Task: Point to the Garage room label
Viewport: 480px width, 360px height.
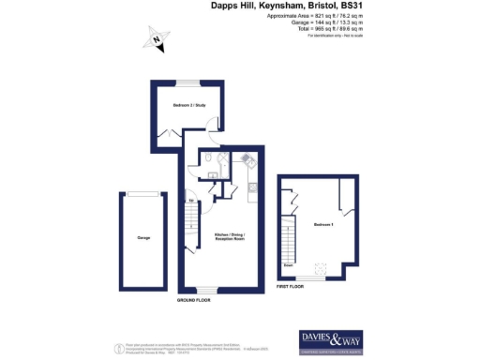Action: [144, 238]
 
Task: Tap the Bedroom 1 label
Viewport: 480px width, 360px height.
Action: [322, 226]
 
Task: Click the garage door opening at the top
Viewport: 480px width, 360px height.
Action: [144, 194]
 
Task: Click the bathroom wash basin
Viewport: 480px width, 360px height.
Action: [215, 172]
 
